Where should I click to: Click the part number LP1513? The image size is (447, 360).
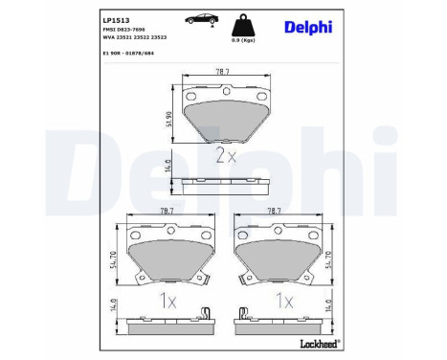[88, 18]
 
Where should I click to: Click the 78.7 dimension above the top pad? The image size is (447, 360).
[224, 71]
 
